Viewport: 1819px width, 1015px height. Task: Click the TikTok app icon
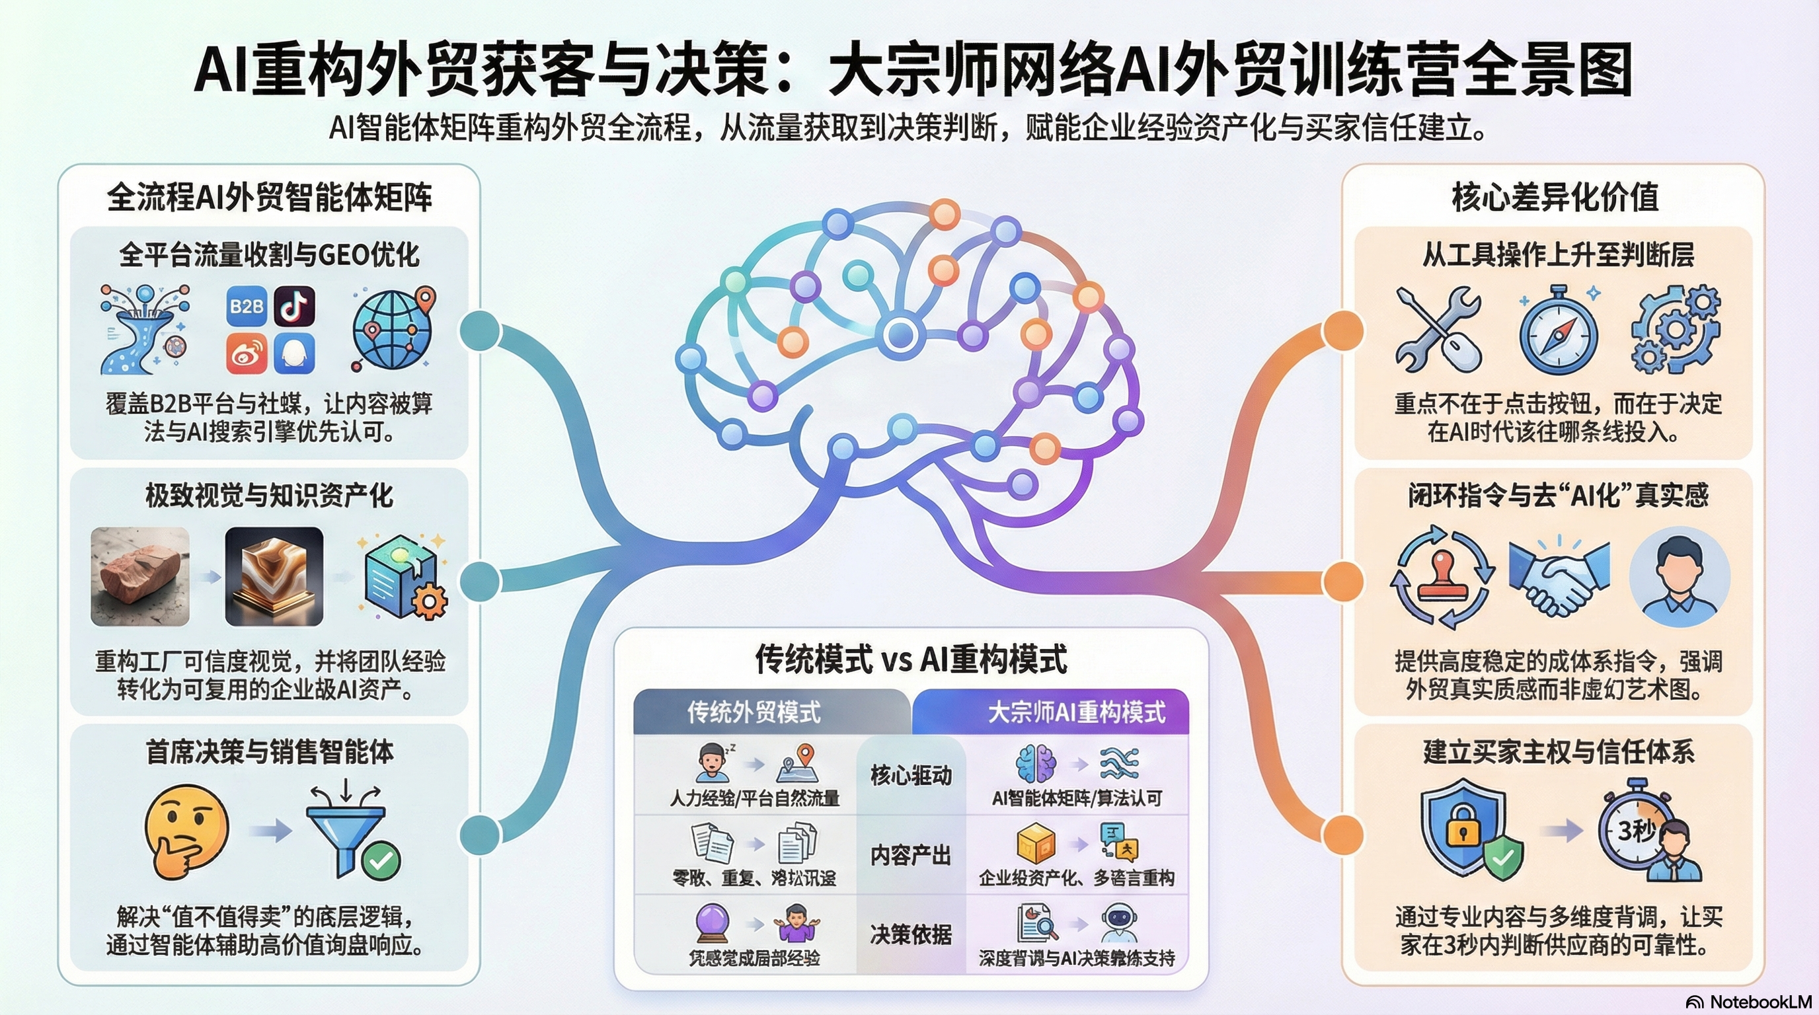(x=294, y=306)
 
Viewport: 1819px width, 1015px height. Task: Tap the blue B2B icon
(x=247, y=306)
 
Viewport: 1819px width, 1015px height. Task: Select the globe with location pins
(x=393, y=330)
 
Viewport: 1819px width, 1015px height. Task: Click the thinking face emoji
(x=186, y=831)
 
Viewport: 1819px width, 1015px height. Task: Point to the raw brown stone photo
(x=140, y=577)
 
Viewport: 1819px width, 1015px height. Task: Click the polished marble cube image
(x=274, y=577)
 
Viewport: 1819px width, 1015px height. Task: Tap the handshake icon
(x=1559, y=577)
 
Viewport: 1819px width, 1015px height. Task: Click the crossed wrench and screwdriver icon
(x=1438, y=330)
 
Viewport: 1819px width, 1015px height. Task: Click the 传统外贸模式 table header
(x=754, y=712)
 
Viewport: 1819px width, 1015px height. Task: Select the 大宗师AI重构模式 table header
(x=1076, y=712)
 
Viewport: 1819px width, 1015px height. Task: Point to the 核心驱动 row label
(x=911, y=775)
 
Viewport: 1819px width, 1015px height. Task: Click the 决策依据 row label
(x=911, y=934)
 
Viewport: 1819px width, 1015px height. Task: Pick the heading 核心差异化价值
(x=1555, y=197)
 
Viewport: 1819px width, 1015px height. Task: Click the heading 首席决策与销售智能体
(x=269, y=752)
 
